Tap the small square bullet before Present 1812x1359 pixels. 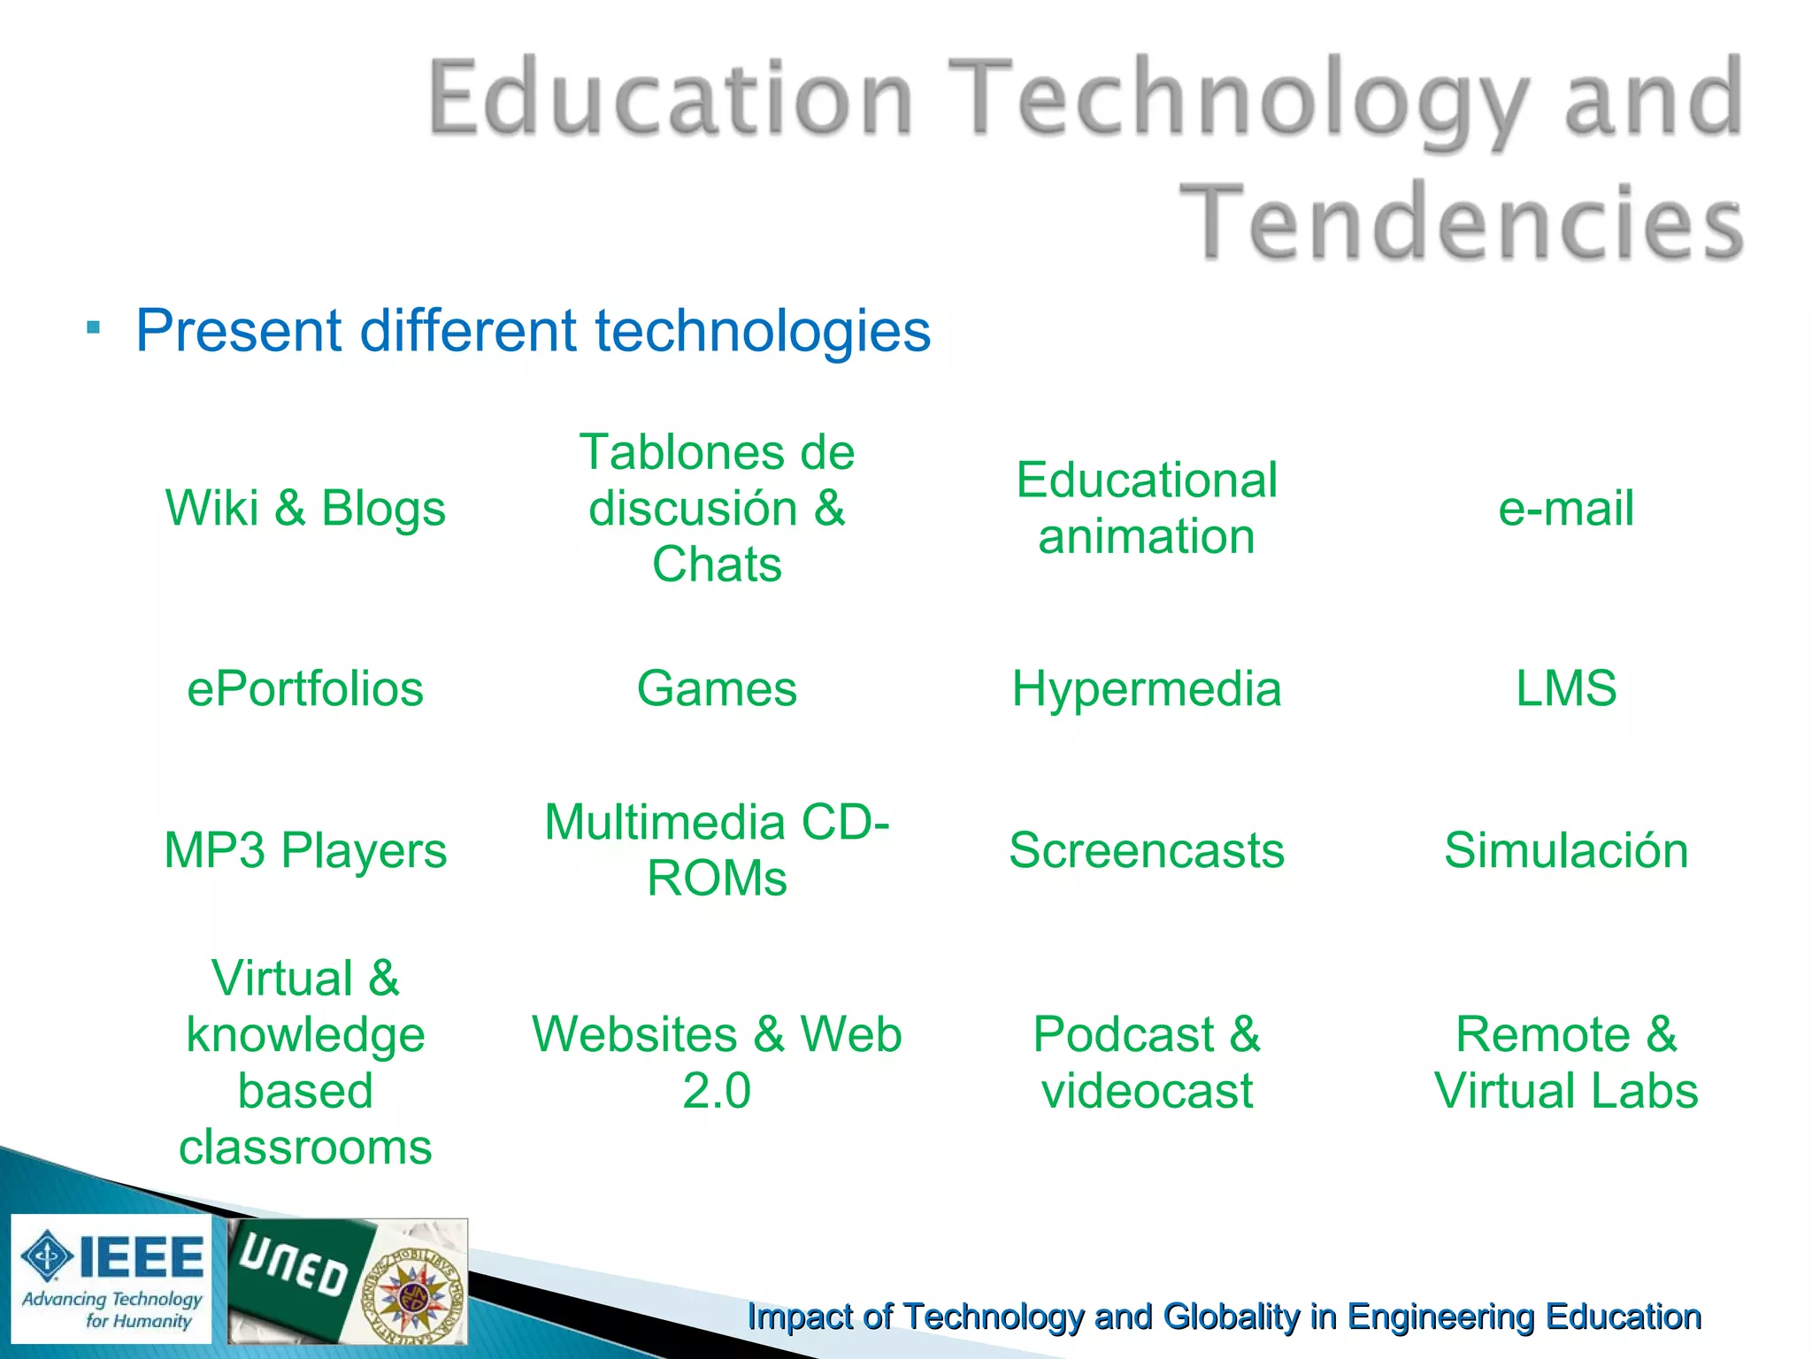[x=94, y=328]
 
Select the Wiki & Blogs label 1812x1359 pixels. [x=305, y=509]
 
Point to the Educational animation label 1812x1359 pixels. [x=1147, y=509]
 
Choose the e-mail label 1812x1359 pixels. [x=1565, y=509]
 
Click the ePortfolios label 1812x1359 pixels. [x=305, y=689]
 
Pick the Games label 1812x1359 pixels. [x=717, y=689]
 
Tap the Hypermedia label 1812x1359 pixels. [x=1147, y=689]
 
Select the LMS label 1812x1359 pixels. [x=1565, y=689]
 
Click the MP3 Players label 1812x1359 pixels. [x=305, y=850]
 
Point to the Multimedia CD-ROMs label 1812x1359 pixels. [x=717, y=850]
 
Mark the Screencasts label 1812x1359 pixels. [x=1147, y=850]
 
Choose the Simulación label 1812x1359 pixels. [x=1565, y=850]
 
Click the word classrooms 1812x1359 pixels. [x=305, y=1148]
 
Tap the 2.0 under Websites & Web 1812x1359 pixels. [x=717, y=1091]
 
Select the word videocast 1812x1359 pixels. [x=1147, y=1091]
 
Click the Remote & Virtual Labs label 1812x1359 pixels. [x=1565, y=1063]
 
